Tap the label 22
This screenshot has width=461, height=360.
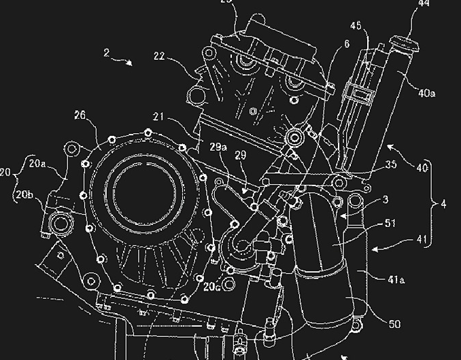point(158,58)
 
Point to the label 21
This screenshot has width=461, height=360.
point(159,118)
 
